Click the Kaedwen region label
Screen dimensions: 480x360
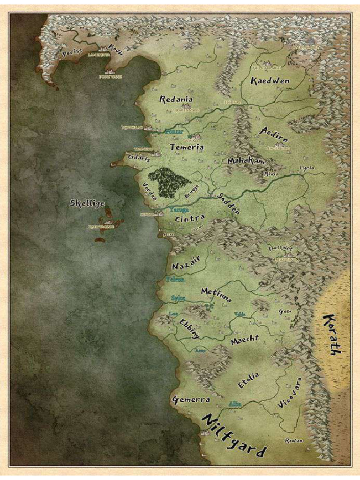[270, 81]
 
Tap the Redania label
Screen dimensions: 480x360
[176, 99]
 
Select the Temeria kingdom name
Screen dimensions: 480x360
[187, 147]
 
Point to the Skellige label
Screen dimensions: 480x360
[87, 203]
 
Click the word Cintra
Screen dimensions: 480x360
[189, 218]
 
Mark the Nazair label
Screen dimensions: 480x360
[186, 266]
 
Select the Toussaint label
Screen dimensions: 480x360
[280, 248]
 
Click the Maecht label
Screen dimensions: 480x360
[245, 340]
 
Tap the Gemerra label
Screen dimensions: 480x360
[191, 400]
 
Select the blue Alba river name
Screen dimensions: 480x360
[234, 403]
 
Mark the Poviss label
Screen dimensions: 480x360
[72, 53]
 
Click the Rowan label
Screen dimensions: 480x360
[294, 441]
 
